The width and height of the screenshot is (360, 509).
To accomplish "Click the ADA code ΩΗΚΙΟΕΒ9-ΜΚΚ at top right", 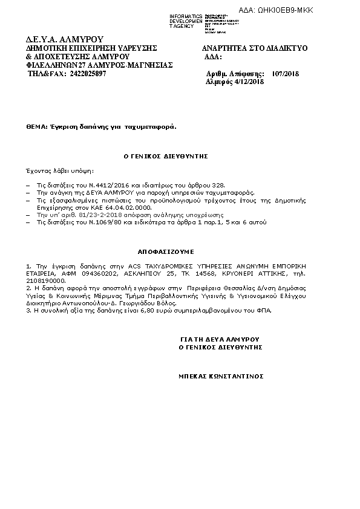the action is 284,10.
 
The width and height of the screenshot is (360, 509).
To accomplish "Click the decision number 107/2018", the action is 286,73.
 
